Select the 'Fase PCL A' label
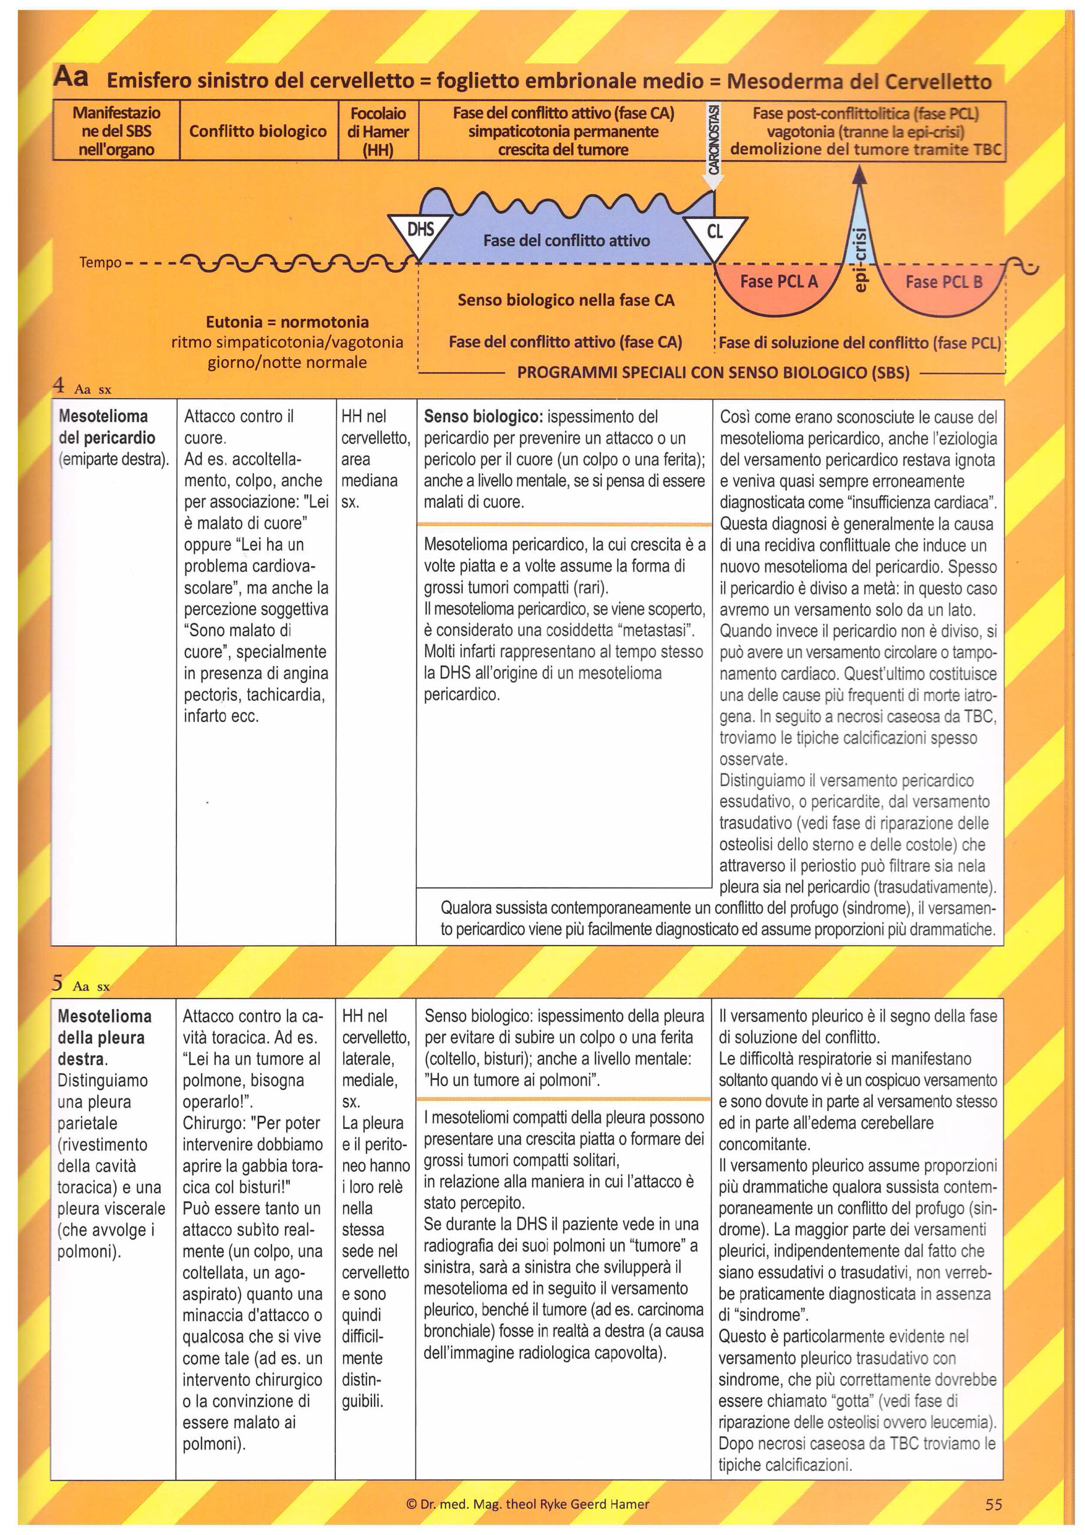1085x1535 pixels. pos(779,281)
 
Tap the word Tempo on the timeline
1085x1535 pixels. pos(100,262)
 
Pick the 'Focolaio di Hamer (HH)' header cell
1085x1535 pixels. pos(378,131)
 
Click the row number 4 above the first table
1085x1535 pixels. pos(59,385)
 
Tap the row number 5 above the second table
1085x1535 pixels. pos(58,983)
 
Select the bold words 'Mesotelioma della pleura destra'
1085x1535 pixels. pos(104,1037)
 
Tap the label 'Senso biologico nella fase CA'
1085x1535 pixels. pos(566,300)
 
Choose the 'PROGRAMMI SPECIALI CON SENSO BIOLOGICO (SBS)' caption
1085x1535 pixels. pos(713,372)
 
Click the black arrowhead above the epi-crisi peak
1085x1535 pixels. pos(860,174)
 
